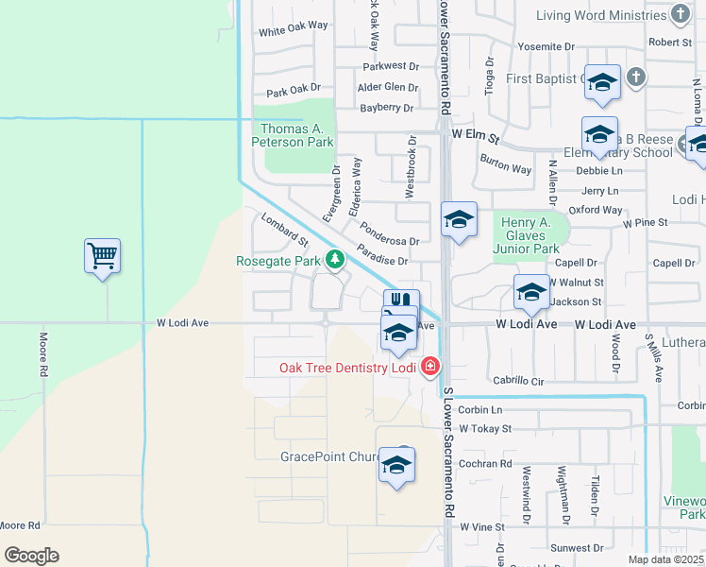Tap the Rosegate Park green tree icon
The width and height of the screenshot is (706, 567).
coord(333,259)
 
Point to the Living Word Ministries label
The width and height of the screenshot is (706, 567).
coord(600,15)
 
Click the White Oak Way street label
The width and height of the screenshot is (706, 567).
coord(293,31)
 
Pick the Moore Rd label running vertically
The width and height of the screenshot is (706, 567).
coord(43,354)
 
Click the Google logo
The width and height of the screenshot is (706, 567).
coord(31,556)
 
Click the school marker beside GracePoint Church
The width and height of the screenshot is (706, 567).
coord(396,466)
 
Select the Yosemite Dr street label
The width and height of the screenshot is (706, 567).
coord(540,46)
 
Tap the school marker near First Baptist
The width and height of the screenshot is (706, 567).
coord(601,83)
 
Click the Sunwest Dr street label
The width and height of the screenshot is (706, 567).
coord(578,548)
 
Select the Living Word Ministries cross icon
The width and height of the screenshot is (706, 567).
coord(680,14)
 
